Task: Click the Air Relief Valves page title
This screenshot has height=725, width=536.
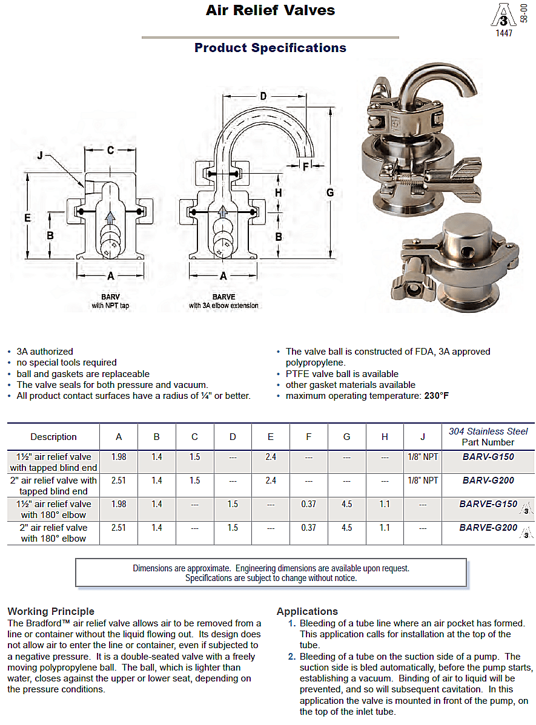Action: (x=270, y=10)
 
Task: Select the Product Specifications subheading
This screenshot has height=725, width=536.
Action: (x=270, y=48)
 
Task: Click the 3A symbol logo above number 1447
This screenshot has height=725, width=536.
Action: (x=503, y=15)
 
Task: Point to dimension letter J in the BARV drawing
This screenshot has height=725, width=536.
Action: (x=40, y=156)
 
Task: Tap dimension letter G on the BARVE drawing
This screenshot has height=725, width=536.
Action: (x=330, y=192)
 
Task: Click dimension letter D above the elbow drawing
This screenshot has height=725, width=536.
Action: (x=263, y=96)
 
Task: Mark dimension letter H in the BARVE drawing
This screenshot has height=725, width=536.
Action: (x=278, y=192)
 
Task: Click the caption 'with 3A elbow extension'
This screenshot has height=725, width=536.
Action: (x=223, y=306)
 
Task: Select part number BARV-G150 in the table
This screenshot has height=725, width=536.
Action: (x=488, y=457)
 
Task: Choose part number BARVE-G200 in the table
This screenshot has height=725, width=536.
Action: (x=488, y=528)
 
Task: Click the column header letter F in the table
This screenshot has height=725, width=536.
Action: (x=308, y=437)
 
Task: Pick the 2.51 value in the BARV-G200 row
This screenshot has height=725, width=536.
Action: (x=119, y=480)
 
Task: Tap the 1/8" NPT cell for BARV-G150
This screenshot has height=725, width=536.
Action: (x=422, y=457)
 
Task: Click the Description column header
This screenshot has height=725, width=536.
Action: (x=53, y=437)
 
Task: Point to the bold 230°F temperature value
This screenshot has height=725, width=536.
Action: (x=437, y=396)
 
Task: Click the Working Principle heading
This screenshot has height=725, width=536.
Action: (x=51, y=611)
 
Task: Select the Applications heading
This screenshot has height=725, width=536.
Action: (x=307, y=611)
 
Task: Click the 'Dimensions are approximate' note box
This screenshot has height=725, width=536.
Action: (x=271, y=572)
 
